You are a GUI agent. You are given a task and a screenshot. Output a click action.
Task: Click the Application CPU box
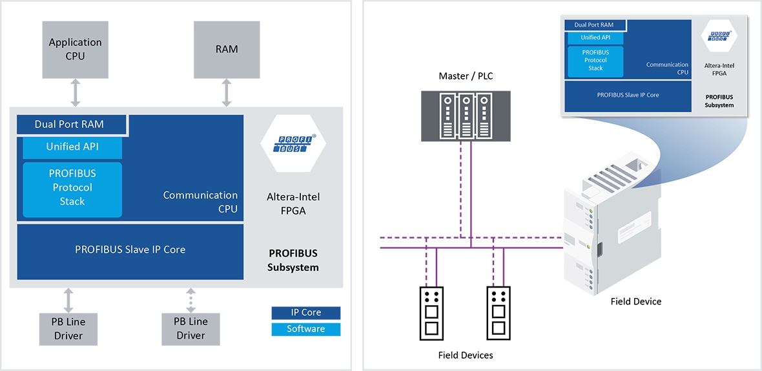[76, 49]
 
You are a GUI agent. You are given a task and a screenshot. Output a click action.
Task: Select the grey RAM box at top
[227, 49]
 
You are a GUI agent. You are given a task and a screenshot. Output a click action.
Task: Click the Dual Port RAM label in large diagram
[69, 124]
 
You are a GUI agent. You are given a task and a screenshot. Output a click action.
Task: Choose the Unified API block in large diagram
[72, 147]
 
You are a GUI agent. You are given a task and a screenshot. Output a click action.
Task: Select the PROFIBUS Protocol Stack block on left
[72, 187]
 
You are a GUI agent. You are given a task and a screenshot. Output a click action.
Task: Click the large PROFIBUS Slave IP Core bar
[130, 249]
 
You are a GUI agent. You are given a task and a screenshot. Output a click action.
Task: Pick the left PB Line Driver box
[68, 328]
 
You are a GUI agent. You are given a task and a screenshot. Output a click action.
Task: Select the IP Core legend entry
[305, 312]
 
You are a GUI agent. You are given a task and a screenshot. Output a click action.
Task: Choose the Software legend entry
[305, 329]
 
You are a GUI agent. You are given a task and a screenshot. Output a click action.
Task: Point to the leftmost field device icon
[432, 313]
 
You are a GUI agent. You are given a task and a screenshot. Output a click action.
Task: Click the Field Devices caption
[465, 355]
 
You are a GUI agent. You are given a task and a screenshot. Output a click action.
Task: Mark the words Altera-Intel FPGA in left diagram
[293, 203]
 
